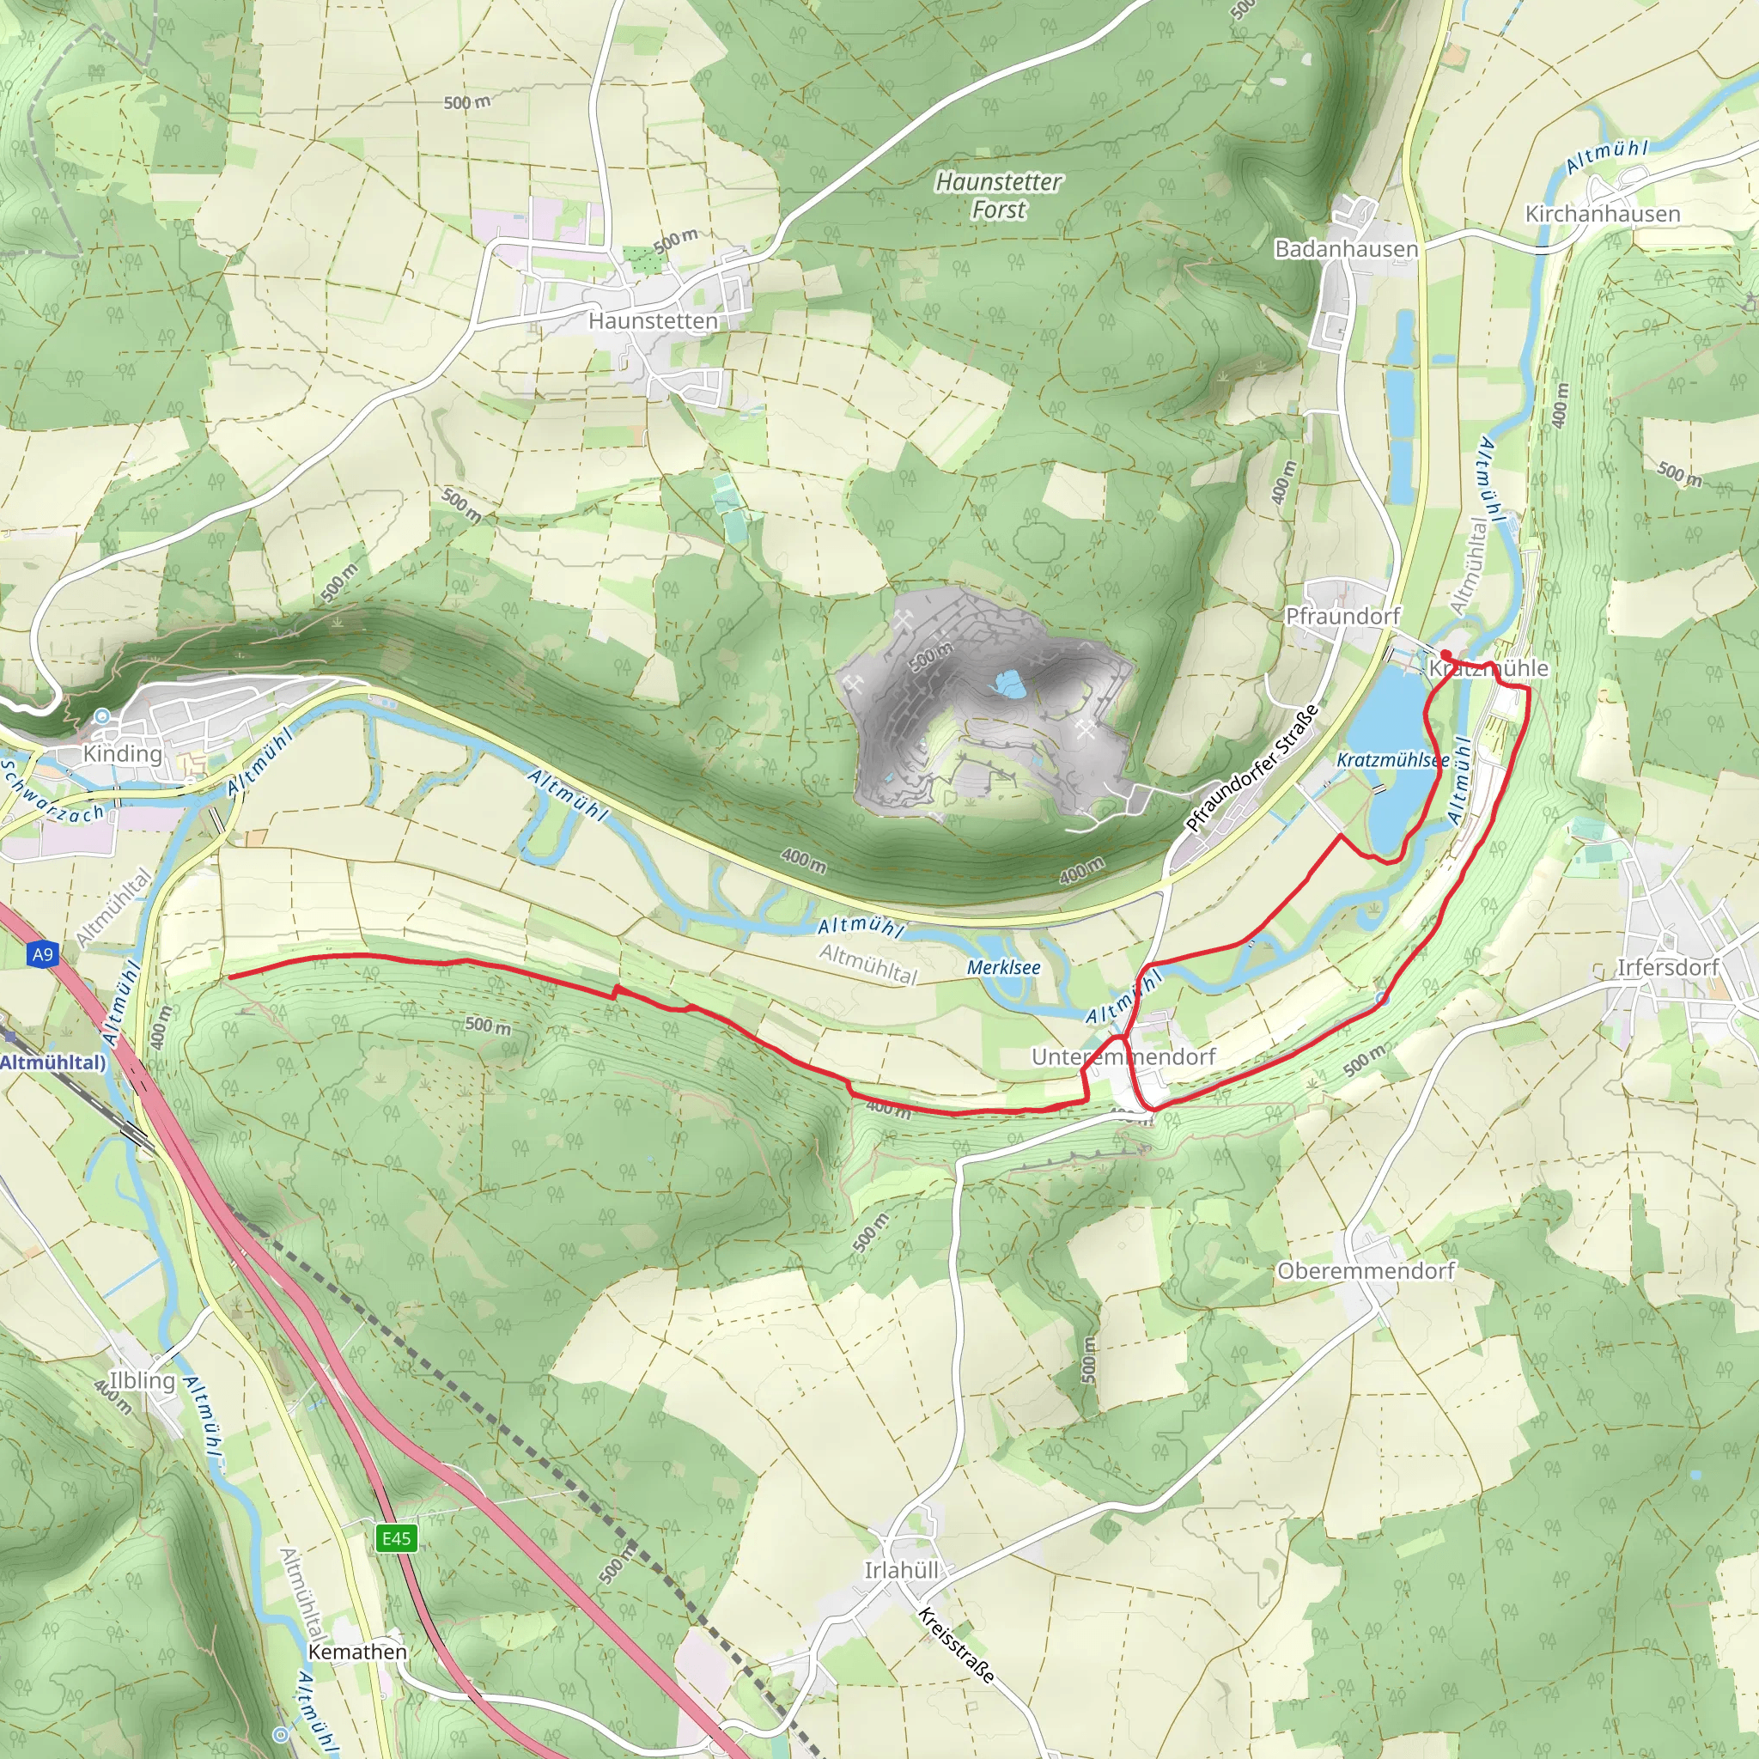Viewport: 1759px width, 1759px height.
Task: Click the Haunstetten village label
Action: [x=653, y=320]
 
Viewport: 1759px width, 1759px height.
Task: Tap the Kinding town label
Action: [x=122, y=754]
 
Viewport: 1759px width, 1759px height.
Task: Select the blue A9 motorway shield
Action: [x=43, y=954]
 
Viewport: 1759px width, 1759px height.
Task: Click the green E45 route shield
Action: [x=396, y=1538]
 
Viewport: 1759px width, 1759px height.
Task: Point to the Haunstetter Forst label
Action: [x=998, y=196]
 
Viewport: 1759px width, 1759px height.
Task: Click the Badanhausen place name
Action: [x=1346, y=248]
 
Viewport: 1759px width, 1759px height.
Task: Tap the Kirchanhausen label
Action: [x=1603, y=214]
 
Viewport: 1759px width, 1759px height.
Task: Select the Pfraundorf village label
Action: [x=1342, y=617]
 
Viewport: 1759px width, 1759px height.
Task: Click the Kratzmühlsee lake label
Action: [x=1392, y=759]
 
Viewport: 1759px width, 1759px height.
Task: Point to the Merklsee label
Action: [x=1003, y=968]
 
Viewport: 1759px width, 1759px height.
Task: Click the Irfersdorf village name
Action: [x=1667, y=968]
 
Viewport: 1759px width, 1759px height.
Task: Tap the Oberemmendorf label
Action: [x=1366, y=1271]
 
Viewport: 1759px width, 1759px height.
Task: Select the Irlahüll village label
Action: [x=901, y=1571]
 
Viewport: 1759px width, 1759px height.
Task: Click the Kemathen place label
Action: [x=358, y=1652]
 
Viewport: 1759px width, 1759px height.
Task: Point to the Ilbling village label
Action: [x=142, y=1380]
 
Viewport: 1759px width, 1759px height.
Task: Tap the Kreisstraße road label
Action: [x=956, y=1646]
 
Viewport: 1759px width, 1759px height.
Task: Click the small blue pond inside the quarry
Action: [x=1009, y=684]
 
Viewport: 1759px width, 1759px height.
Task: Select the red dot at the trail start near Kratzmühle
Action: [x=1446, y=654]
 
